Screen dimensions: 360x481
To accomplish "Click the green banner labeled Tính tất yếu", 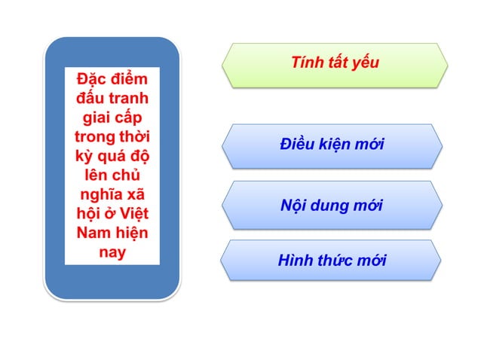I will click(334, 64).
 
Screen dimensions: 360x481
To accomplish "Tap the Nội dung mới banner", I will click(332, 205).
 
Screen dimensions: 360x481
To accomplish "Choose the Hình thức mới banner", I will click(332, 261).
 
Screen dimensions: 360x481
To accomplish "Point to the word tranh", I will click(130, 99).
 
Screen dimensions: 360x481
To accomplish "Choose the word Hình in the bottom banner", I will click(294, 261).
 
